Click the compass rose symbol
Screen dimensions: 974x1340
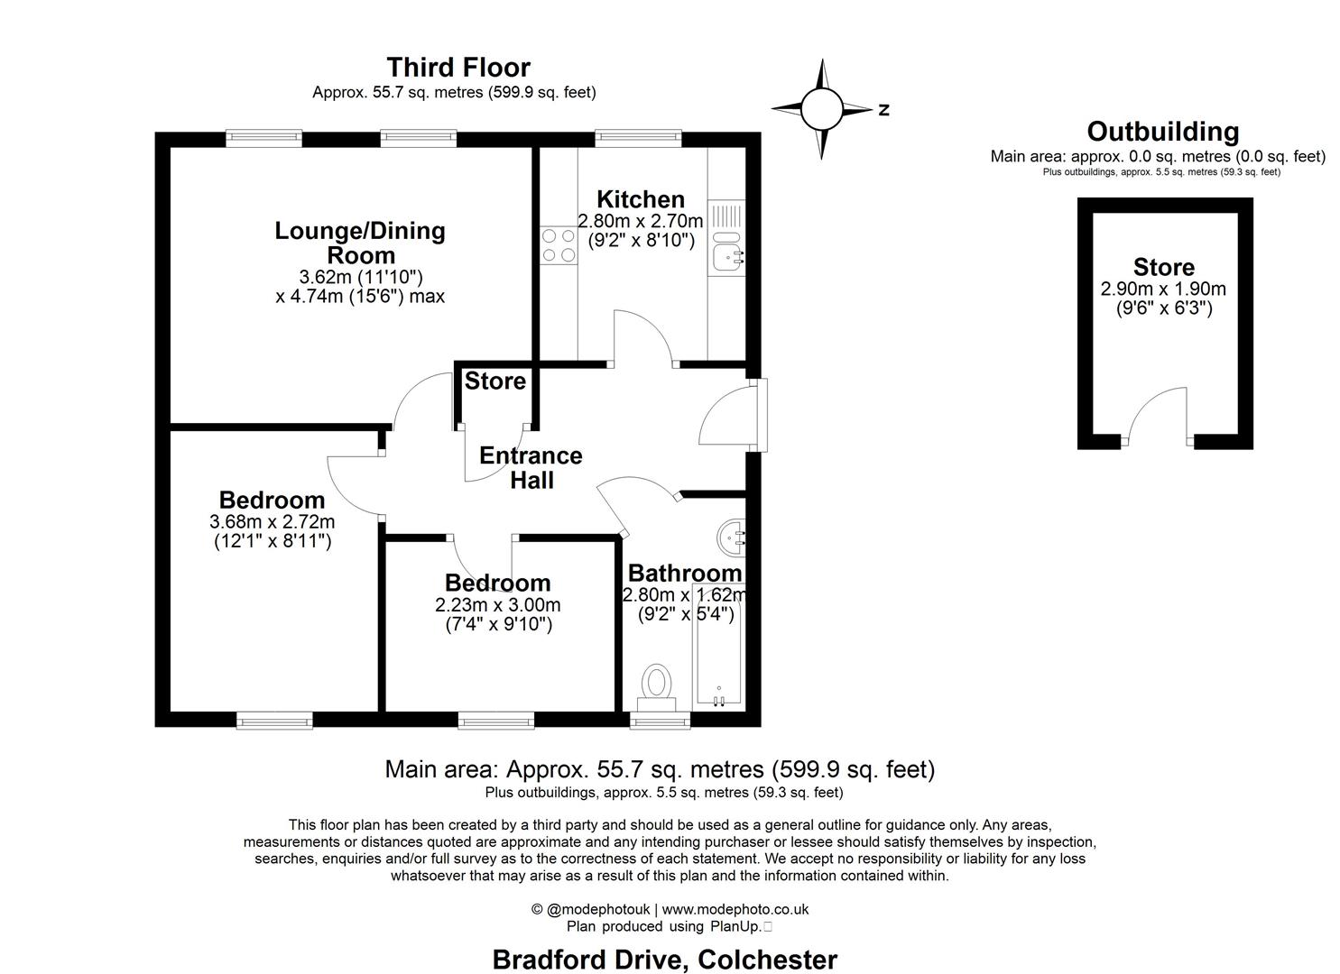pyautogui.click(x=821, y=109)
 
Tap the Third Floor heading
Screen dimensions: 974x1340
pyautogui.click(x=458, y=68)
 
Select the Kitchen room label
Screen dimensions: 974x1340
pyautogui.click(x=641, y=199)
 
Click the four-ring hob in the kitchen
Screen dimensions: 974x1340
pyautogui.click(x=558, y=245)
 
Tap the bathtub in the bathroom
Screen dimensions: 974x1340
pyautogui.click(x=718, y=646)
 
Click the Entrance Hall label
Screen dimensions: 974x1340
pyautogui.click(x=531, y=467)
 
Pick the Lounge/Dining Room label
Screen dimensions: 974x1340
pyautogui.click(x=360, y=243)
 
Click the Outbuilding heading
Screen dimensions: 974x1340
pyautogui.click(x=1162, y=132)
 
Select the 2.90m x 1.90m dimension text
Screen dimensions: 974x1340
pyautogui.click(x=1163, y=289)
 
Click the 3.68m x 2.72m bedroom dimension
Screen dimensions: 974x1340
pyautogui.click(x=272, y=522)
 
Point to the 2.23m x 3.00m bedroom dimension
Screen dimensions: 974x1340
pyautogui.click(x=497, y=605)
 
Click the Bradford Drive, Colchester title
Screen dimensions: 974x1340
pyautogui.click(x=664, y=960)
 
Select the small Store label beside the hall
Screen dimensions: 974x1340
pyautogui.click(x=494, y=381)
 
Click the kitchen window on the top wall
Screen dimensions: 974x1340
pyautogui.click(x=638, y=138)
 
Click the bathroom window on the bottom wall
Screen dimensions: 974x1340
pyautogui.click(x=660, y=720)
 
